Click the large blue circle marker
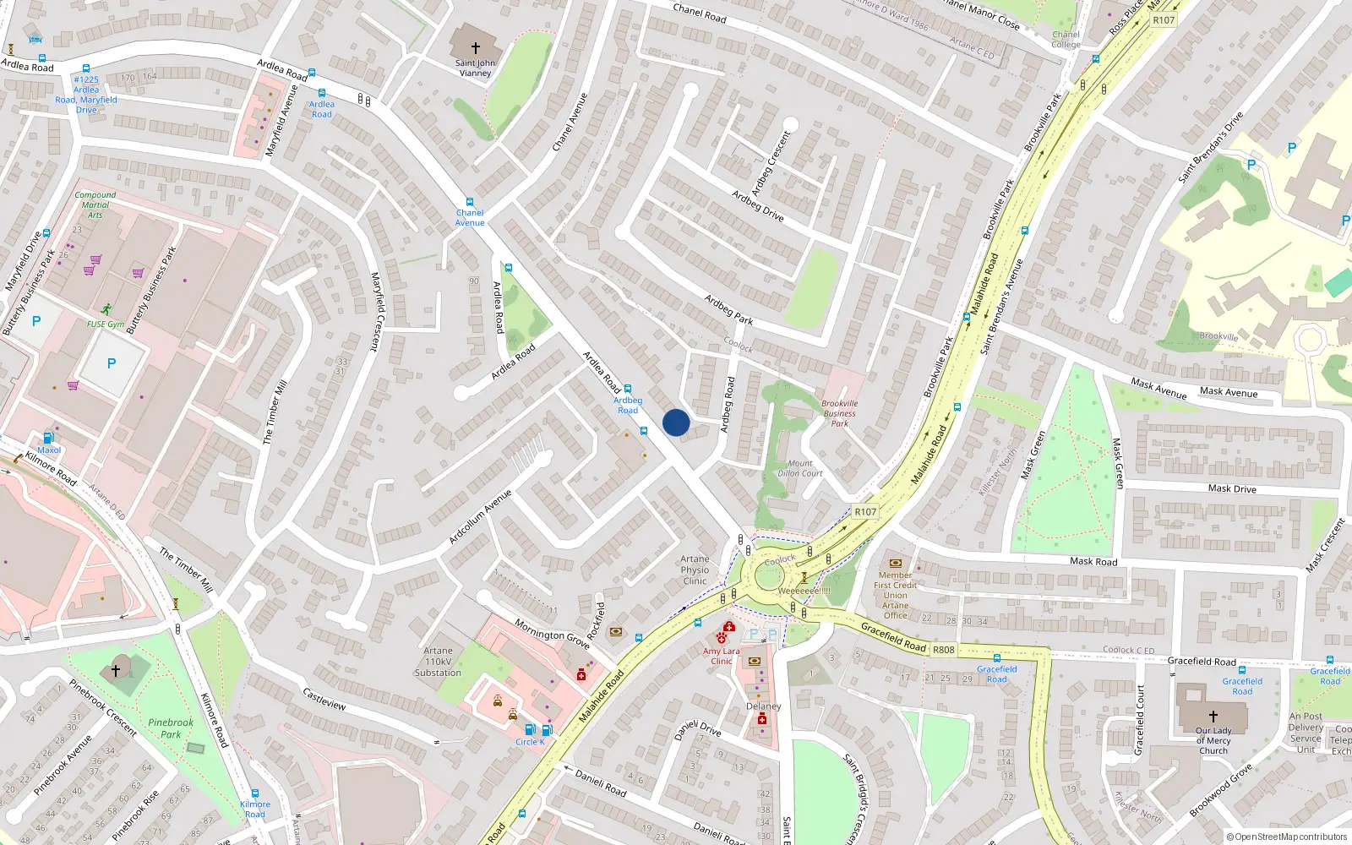(x=676, y=422)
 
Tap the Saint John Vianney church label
(x=475, y=68)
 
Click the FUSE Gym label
(x=106, y=324)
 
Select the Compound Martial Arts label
(x=95, y=204)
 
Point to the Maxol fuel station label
(x=49, y=450)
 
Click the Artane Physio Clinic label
(x=695, y=570)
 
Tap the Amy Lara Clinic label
(x=721, y=656)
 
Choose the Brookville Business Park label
(x=839, y=413)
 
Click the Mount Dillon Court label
(x=799, y=468)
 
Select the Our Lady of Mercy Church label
(x=1213, y=740)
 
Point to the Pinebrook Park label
(x=171, y=728)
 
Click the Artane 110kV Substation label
(x=438, y=662)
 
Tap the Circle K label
(x=531, y=742)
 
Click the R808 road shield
(x=943, y=650)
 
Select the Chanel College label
(x=1066, y=40)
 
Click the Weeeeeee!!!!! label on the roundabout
(x=804, y=591)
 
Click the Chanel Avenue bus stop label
(x=470, y=218)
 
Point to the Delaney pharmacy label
(x=763, y=706)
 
